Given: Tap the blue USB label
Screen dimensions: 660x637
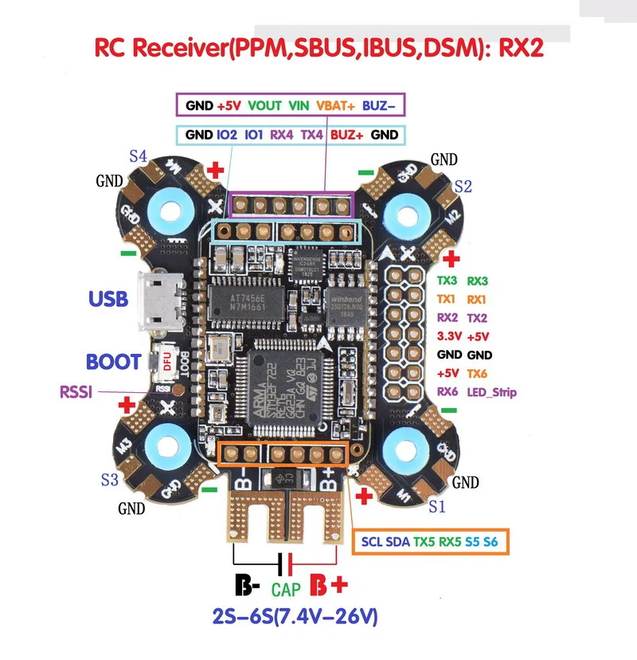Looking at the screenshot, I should [108, 299].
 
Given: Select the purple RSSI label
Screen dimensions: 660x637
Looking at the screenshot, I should [78, 392].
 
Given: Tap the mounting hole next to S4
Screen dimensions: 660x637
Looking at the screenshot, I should [170, 211].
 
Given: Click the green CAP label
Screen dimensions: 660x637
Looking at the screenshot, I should [287, 590].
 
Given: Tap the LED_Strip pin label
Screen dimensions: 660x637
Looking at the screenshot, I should [494, 391].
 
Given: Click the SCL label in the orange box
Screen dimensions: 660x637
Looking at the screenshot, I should [372, 542].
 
